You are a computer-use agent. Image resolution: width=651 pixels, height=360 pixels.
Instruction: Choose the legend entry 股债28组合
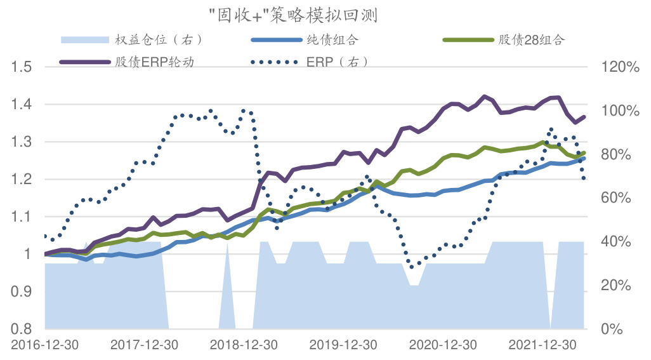click(531, 40)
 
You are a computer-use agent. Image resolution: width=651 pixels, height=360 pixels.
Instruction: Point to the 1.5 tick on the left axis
click(23, 67)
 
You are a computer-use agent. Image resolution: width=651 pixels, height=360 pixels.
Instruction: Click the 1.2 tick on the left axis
click(23, 179)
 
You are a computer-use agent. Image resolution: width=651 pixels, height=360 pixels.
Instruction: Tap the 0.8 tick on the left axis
click(23, 329)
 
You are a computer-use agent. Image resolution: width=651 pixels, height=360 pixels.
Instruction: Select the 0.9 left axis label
click(23, 291)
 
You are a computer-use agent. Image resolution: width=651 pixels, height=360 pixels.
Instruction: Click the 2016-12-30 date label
click(44, 345)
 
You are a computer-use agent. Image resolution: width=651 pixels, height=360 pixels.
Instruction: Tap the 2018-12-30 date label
click(244, 345)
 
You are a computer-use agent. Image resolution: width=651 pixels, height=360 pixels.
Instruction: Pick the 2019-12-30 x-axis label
click(343, 345)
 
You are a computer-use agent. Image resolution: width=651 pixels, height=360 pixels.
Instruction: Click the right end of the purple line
click(584, 117)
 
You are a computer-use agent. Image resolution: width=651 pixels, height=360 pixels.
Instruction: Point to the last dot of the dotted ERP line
click(584, 178)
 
